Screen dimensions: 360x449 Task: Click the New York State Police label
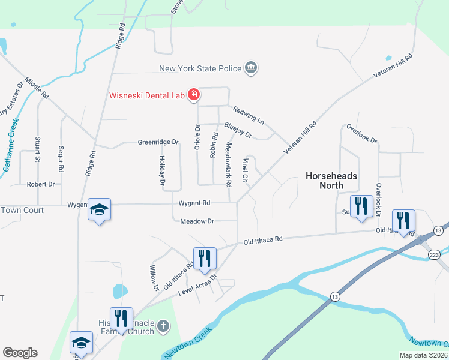[x=200, y=68]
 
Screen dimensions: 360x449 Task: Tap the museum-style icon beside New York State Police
[x=251, y=68]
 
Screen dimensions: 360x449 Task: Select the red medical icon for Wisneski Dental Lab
[x=194, y=95]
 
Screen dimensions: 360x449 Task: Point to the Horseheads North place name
[x=331, y=181]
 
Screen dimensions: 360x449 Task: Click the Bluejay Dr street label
[x=237, y=129]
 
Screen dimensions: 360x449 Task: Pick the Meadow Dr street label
[x=197, y=221]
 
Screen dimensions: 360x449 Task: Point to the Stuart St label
[x=37, y=150]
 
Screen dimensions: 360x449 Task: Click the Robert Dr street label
[x=40, y=185]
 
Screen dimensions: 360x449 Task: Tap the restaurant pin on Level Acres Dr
[x=204, y=258]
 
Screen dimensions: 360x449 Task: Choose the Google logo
[x=20, y=353]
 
